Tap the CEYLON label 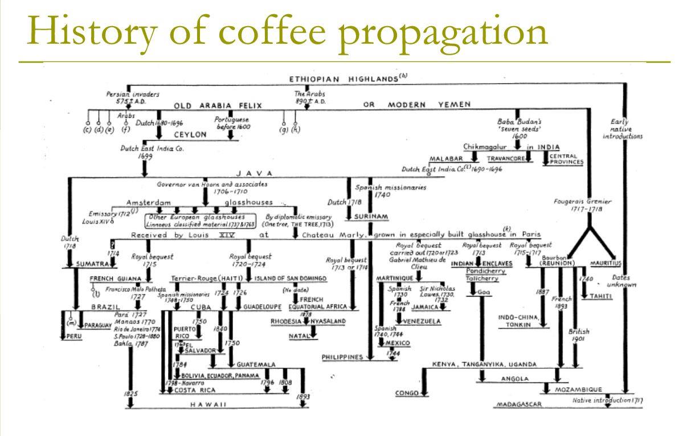click(190, 135)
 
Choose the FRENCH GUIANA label click(115, 279)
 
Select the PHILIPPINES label click(342, 357)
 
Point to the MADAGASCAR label click(519, 404)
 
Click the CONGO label click(407, 393)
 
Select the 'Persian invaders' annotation click(133, 94)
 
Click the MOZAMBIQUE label click(578, 390)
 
